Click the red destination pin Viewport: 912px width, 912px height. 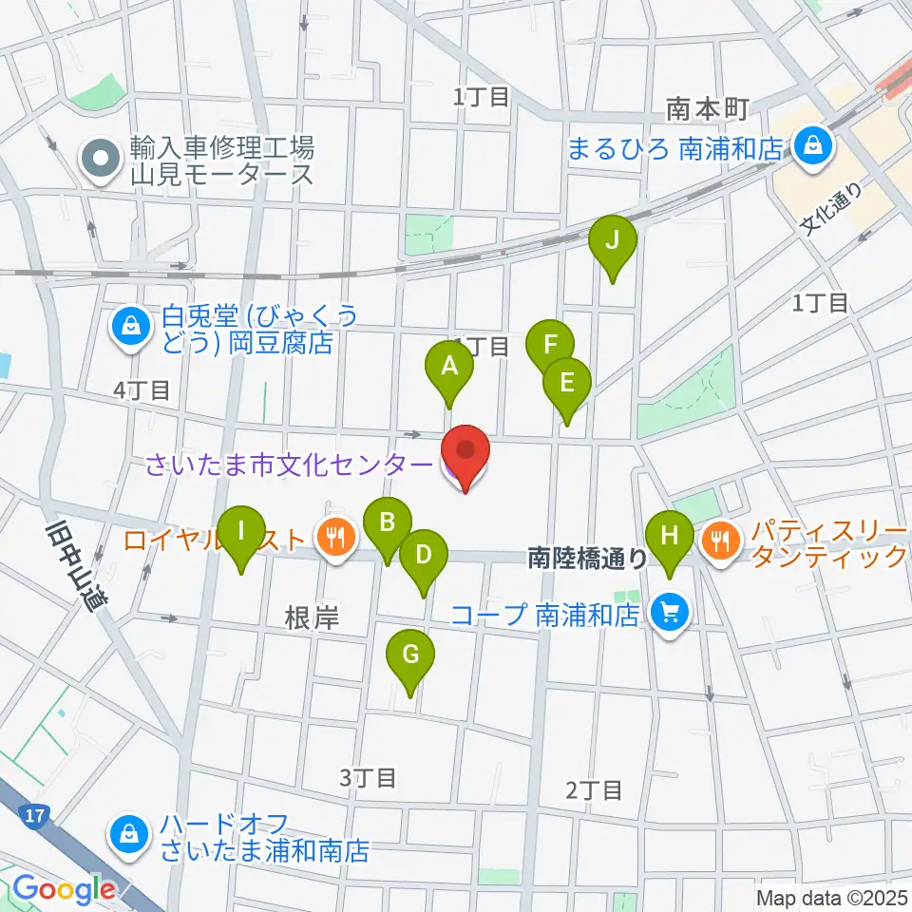pos(465,454)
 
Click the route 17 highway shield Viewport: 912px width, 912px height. pos(34,814)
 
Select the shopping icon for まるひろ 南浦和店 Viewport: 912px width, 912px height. pos(814,147)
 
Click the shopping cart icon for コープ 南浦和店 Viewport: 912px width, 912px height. pos(671,615)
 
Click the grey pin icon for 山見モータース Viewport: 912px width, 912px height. pos(99,161)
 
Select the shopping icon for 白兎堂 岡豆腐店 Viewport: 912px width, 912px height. pos(127,328)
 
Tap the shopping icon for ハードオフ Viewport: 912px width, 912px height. pos(127,835)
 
